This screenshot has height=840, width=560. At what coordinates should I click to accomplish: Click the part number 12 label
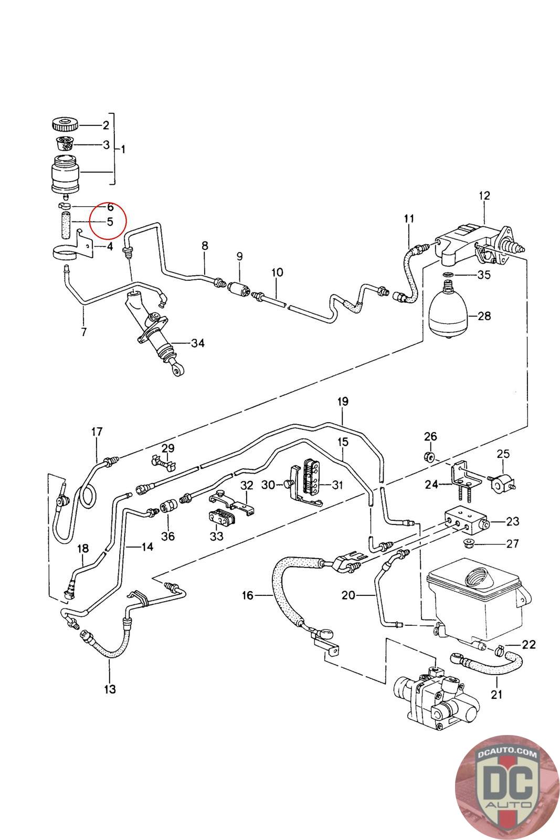pos(484,195)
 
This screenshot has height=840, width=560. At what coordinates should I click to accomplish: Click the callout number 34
pos(197,343)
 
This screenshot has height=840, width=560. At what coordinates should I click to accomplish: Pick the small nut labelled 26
pos(428,456)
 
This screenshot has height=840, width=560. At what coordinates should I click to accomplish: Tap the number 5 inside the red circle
pos(110,222)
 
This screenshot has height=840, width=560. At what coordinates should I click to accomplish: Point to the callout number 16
pos(248,595)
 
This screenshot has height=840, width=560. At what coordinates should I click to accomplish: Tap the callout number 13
pos(110,689)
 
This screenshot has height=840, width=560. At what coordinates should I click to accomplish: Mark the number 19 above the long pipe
pos(342,402)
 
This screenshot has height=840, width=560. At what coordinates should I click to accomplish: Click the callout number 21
pos(496,694)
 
